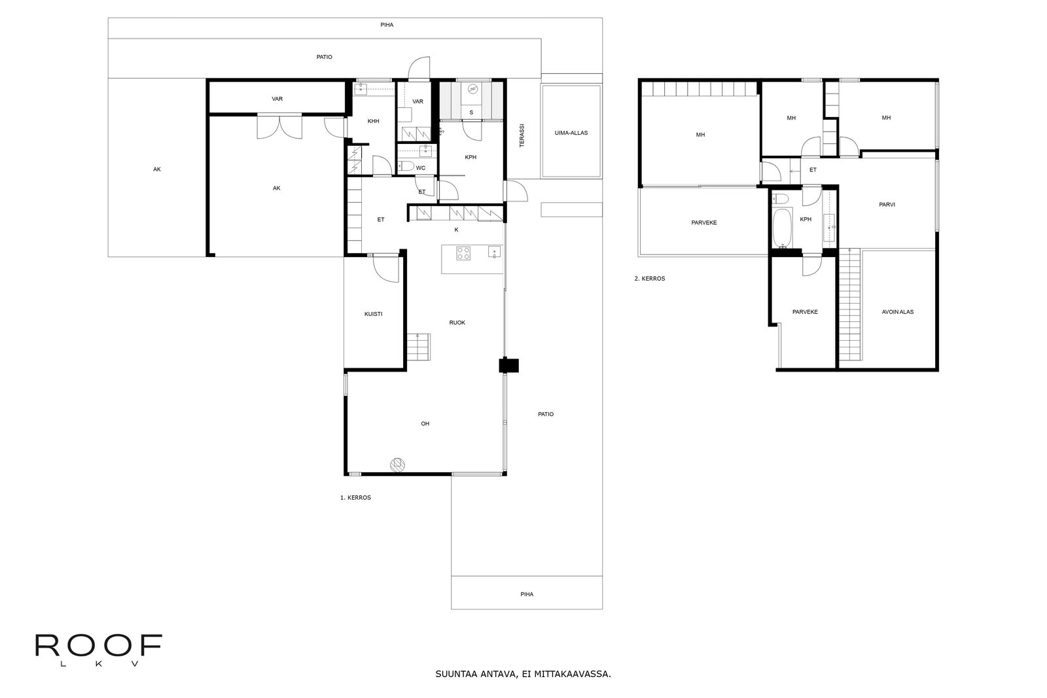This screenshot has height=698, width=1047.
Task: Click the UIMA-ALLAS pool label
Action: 571,133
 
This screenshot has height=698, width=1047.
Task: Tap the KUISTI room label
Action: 374,314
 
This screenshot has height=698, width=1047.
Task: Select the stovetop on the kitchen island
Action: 464,253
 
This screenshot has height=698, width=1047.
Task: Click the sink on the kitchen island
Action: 495,253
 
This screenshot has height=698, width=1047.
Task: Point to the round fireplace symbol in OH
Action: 397,464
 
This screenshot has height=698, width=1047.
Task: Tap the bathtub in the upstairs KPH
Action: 782,228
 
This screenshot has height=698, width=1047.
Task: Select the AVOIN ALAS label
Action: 897,311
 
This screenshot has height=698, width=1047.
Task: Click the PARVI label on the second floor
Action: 887,205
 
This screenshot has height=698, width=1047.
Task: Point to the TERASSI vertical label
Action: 522,135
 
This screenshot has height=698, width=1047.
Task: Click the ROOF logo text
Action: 99,645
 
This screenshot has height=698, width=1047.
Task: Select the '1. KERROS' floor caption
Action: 355,498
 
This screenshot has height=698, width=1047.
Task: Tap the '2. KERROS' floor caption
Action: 649,279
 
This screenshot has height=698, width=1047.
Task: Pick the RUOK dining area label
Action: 457,323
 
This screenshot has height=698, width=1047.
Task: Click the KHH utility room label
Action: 373,121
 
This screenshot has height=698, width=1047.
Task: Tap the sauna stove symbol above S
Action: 473,88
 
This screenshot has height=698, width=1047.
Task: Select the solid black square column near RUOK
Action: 508,365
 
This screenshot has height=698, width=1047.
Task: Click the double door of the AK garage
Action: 279,127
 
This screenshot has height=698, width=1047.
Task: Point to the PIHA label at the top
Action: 387,25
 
